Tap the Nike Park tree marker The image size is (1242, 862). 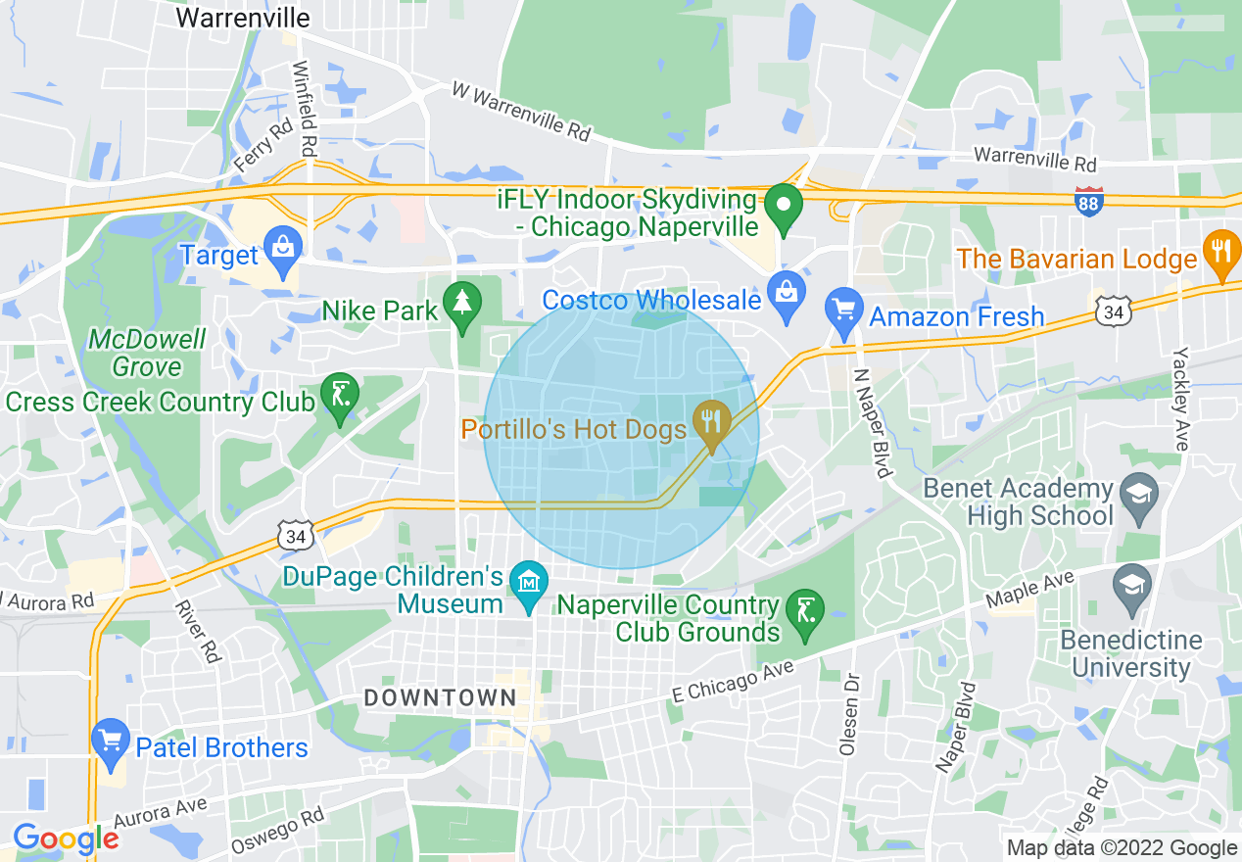(x=461, y=302)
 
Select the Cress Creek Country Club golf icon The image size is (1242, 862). (x=339, y=395)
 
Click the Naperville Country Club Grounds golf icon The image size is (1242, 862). (x=804, y=613)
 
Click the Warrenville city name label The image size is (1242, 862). (x=242, y=18)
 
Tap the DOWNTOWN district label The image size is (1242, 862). (x=440, y=697)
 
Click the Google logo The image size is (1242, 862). (x=66, y=838)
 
